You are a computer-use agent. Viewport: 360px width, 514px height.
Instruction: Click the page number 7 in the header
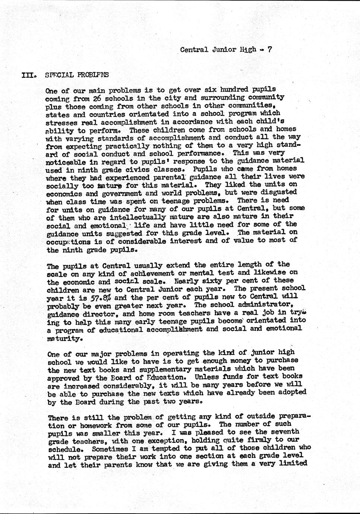pyautogui.click(x=270, y=49)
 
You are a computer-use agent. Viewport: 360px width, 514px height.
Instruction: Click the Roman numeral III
pyautogui.click(x=28, y=74)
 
